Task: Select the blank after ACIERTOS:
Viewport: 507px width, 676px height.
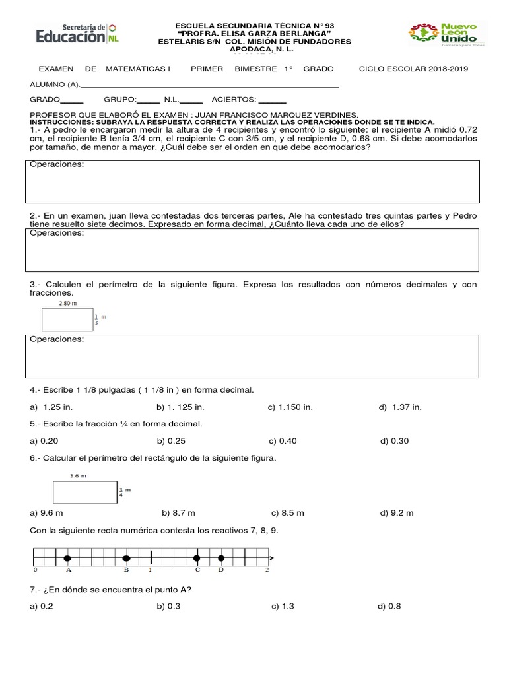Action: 273,100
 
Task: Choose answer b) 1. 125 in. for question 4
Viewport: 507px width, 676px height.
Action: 180,407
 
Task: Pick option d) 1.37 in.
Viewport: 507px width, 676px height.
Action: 400,407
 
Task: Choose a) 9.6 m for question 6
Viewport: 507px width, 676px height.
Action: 46,513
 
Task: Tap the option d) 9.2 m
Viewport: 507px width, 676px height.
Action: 397,513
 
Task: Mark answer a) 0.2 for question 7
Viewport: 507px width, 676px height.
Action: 42,607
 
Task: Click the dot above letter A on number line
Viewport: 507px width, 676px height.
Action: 67,558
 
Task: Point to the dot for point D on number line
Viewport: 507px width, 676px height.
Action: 221,558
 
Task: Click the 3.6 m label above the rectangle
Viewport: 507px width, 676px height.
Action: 78,475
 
